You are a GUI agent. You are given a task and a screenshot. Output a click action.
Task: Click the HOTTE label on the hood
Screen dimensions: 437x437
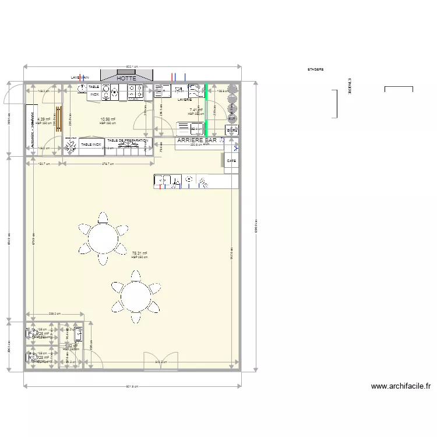point(126,78)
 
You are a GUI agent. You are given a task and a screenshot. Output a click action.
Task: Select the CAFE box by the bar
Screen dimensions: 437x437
point(231,161)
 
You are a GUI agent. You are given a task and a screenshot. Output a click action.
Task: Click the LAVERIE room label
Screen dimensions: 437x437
point(184,100)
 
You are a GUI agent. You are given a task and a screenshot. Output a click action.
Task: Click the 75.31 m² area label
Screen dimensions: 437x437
point(140,253)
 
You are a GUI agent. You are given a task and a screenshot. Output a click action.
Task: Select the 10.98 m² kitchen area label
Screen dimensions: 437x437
point(107,119)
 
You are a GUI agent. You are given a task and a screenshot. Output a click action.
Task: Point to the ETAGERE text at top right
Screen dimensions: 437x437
point(315,69)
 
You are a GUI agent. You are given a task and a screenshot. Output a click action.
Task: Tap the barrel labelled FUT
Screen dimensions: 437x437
point(232,118)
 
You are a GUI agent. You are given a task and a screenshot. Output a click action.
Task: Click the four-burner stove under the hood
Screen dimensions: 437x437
point(136,90)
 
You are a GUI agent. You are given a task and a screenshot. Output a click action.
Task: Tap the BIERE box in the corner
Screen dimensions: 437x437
point(232,131)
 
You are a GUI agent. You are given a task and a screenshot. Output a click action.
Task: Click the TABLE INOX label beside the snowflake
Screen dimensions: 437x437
point(91,144)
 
